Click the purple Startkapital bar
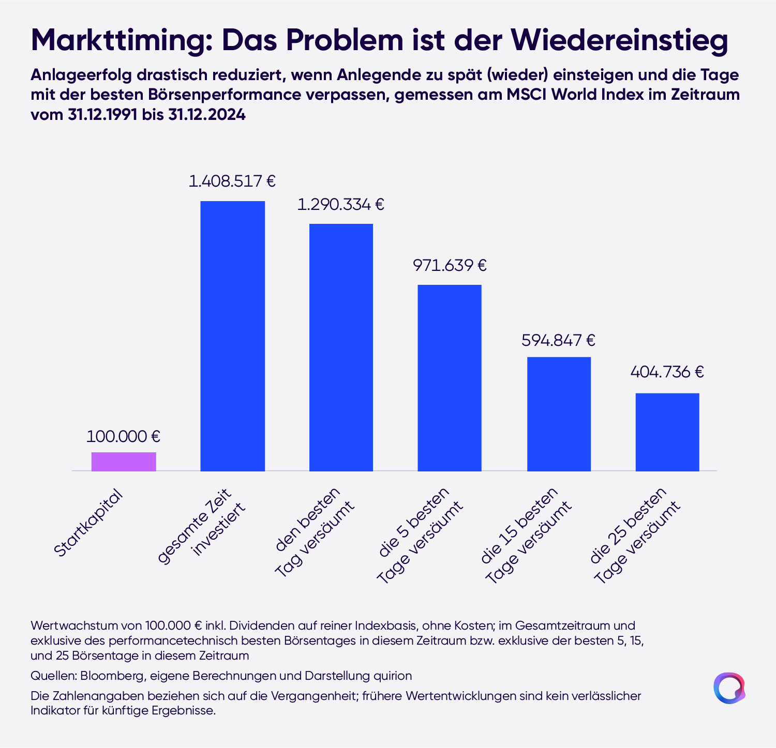click(124, 462)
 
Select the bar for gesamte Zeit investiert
click(232, 336)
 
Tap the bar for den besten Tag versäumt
click(341, 347)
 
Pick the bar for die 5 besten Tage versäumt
click(450, 378)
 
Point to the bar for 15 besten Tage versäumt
click(559, 414)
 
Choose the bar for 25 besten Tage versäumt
click(667, 432)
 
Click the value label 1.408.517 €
click(232, 181)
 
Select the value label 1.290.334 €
click(341, 205)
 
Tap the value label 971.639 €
click(450, 266)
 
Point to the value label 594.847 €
click(559, 340)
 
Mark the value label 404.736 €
click(667, 372)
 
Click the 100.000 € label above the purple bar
click(123, 436)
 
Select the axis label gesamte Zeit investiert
click(202, 526)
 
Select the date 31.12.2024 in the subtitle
click(207, 115)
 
